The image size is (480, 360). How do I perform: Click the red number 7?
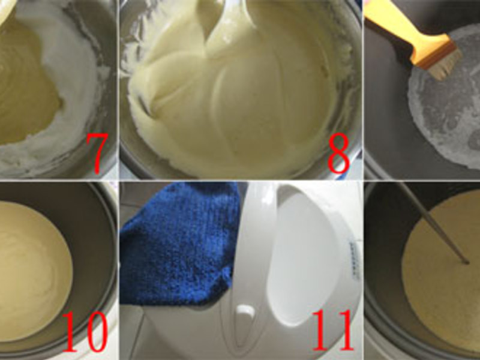tap(97, 153)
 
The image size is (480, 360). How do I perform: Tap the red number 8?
tap(338, 153)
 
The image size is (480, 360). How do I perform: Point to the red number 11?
tap(333, 329)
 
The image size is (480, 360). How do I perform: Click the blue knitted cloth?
tap(178, 242)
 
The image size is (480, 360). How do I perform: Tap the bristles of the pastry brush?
tap(445, 64)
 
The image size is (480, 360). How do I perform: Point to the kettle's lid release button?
tap(245, 311)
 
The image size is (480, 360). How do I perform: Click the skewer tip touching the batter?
tap(466, 262)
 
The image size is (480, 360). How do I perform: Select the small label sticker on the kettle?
tap(355, 260)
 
